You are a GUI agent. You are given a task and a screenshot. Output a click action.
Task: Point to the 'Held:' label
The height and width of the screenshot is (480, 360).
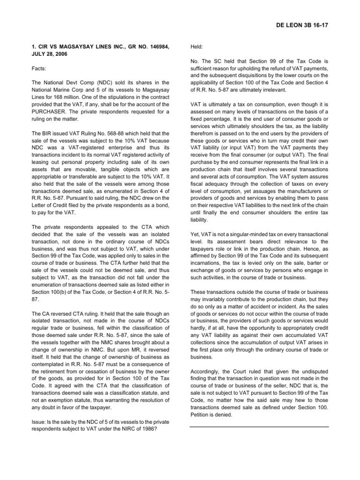coord(197,47)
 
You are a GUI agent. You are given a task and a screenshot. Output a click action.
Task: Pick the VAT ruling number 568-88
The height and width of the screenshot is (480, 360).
coord(109,134)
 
